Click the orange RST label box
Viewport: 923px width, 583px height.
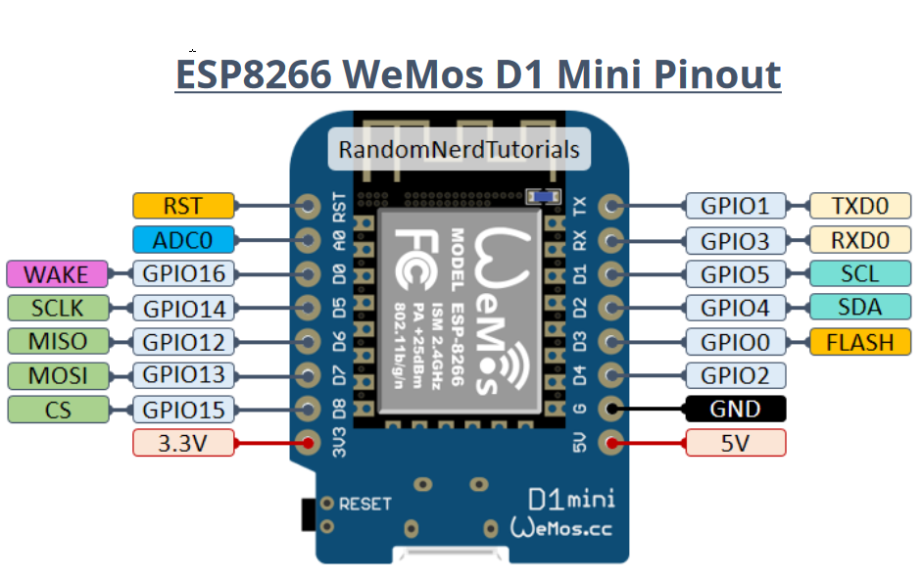tap(183, 206)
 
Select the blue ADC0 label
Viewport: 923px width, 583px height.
tap(183, 239)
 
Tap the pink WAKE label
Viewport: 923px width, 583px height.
tap(56, 274)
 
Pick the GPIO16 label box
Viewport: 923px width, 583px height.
tap(184, 274)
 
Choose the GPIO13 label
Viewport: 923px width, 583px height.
tap(184, 374)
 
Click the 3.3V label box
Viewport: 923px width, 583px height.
tap(183, 443)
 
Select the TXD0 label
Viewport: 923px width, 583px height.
tap(859, 206)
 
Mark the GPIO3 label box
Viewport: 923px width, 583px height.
tap(735, 240)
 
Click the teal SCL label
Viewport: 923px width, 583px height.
tap(859, 273)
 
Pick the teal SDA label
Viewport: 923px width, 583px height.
tap(859, 308)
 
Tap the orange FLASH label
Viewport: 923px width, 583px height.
tap(859, 342)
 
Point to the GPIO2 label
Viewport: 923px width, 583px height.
tap(735, 374)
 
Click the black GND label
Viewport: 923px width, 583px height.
tap(735, 409)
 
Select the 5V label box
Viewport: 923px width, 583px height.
tap(735, 443)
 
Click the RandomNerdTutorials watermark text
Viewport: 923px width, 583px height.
tap(459, 150)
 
